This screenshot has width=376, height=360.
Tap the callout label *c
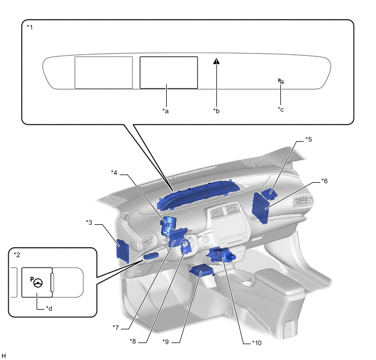(281, 109)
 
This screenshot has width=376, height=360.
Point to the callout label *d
(49, 308)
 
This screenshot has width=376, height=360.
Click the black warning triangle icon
(217, 62)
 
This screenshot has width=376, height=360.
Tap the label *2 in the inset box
(17, 255)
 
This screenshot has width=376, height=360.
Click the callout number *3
(90, 222)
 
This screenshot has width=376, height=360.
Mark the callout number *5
(309, 139)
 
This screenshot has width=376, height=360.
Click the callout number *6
(324, 181)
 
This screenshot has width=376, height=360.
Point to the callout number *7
(116, 327)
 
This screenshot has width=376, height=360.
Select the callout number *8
(133, 341)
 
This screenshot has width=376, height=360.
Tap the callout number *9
(166, 341)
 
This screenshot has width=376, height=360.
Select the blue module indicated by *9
(201, 272)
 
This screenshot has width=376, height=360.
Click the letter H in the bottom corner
(4, 356)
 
